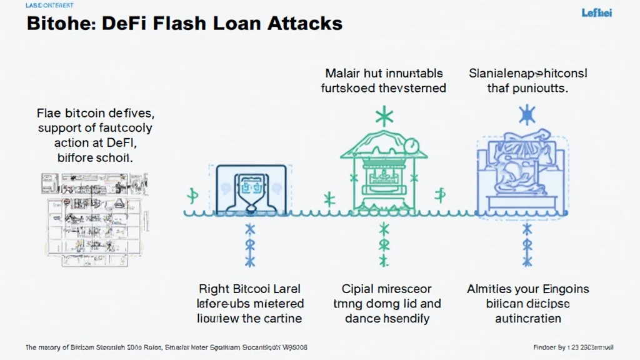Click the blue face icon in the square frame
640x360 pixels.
[x=251, y=188]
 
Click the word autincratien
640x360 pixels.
[x=527, y=318]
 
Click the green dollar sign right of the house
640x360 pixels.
[x=440, y=195]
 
